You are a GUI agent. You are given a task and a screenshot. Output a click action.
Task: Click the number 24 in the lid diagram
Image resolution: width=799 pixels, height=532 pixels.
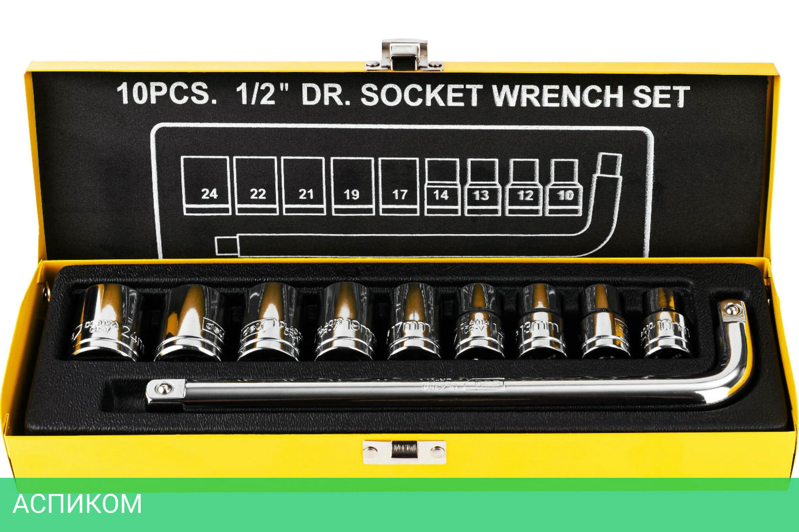click(x=209, y=194)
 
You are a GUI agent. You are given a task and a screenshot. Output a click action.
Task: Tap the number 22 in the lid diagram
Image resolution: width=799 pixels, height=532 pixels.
click(x=257, y=194)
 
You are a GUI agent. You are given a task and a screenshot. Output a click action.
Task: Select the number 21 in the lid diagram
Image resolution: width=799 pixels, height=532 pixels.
click(x=306, y=194)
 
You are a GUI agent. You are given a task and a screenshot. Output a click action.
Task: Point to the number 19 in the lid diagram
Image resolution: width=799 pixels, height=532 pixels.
click(x=351, y=194)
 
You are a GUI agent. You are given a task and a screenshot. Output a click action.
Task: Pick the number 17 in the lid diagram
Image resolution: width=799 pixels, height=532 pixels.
click(x=399, y=194)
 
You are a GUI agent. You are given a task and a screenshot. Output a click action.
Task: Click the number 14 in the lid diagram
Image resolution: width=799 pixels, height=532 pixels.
click(x=441, y=195)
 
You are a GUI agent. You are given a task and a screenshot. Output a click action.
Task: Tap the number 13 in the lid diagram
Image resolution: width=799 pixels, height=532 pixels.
click(x=481, y=195)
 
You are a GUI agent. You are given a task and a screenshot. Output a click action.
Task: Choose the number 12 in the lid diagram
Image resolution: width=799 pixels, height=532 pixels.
click(x=525, y=195)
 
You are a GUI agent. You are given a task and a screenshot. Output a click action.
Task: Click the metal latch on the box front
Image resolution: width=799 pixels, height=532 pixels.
click(x=404, y=452)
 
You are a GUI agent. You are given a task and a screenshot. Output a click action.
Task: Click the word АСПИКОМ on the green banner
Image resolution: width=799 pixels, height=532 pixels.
click(x=77, y=504)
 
